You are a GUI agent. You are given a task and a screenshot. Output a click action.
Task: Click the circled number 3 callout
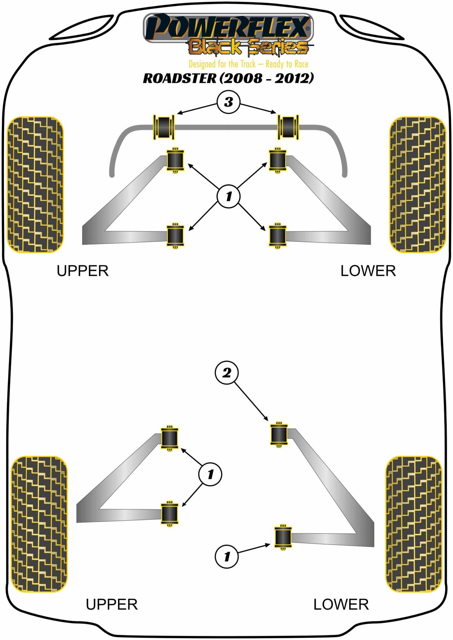[x=228, y=102]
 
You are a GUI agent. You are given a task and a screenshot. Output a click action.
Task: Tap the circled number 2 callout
[x=226, y=372]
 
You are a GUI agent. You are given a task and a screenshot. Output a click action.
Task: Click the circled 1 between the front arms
[x=228, y=196]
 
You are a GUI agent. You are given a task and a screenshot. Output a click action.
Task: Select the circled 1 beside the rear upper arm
[x=210, y=474]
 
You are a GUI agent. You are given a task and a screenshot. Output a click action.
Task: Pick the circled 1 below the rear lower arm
[x=226, y=557]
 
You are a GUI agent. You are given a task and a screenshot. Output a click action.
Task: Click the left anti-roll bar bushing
[x=164, y=127]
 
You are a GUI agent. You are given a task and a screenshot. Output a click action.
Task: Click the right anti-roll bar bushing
[x=288, y=127]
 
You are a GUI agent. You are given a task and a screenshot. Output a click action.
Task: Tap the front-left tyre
[x=35, y=185]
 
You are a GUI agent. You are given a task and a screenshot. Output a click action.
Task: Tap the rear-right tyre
[x=413, y=524]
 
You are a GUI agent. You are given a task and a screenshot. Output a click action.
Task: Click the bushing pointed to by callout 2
[x=278, y=434]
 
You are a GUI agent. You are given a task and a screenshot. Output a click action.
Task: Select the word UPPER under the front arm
[x=82, y=271]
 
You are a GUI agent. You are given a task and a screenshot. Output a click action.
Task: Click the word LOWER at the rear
[x=341, y=604]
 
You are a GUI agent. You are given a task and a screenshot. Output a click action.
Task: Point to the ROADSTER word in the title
[x=179, y=78]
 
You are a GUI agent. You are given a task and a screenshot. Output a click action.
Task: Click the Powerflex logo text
[x=228, y=27]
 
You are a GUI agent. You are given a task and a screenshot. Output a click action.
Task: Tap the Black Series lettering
[x=248, y=47]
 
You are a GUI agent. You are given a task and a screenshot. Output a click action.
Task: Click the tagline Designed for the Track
[x=248, y=64]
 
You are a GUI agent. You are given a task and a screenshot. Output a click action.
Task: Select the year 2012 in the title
[x=292, y=78]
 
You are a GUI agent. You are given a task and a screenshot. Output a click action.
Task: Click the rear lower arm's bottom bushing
[x=283, y=536]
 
